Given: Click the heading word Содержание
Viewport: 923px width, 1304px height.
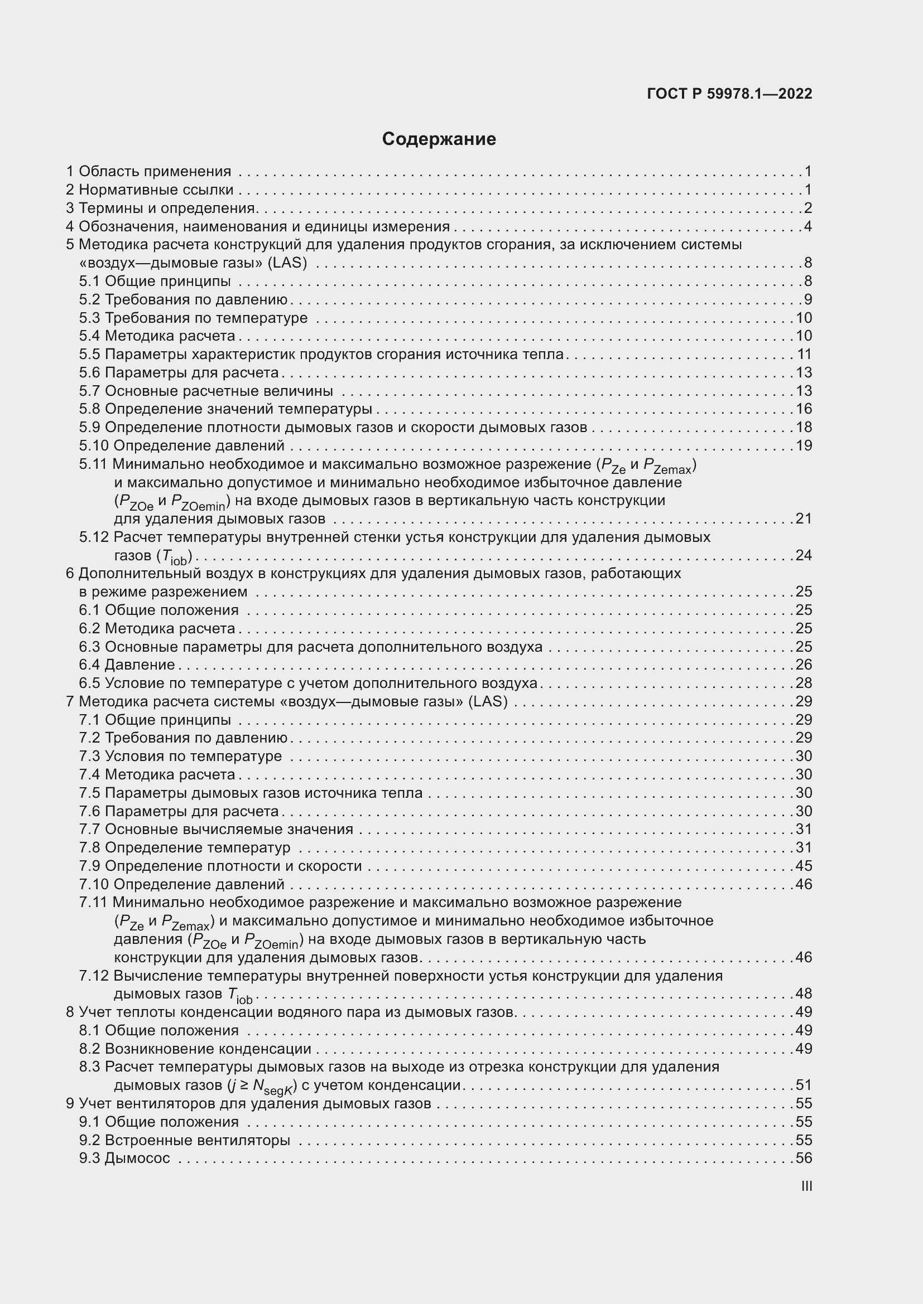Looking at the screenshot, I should tap(439, 139).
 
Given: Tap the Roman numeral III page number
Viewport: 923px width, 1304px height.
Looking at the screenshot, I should tap(806, 1186).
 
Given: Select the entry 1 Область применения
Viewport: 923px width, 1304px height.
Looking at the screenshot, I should tap(149, 171).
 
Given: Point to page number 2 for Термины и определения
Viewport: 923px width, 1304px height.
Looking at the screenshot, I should tap(807, 208).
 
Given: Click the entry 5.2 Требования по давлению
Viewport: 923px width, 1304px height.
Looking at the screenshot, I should tap(183, 299).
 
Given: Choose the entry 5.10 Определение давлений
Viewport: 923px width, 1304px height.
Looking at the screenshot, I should tap(182, 445).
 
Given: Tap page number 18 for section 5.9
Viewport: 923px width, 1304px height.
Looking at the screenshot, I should tap(804, 427).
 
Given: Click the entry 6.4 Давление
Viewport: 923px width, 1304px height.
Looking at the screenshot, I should tap(127, 665).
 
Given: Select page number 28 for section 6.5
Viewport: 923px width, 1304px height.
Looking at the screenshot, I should tap(804, 683).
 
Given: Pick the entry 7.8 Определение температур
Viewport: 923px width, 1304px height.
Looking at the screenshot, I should tap(185, 847).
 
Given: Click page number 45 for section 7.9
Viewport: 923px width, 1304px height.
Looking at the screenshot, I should tap(804, 866).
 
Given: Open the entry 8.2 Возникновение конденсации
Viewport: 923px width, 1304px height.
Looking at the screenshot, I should tap(195, 1049).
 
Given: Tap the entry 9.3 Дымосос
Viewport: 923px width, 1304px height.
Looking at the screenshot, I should tap(124, 1158).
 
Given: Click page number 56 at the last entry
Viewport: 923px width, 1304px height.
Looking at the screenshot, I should tap(804, 1158).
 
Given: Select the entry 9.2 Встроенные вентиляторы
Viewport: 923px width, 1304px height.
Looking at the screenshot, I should tap(185, 1140).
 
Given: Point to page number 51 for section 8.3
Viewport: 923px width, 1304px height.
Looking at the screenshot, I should tap(804, 1085).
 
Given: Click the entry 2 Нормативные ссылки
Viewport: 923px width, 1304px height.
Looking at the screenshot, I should tap(150, 189).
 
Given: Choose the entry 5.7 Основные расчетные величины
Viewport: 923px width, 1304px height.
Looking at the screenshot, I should tap(206, 391).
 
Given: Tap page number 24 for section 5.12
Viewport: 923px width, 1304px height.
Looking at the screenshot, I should tap(804, 555).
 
